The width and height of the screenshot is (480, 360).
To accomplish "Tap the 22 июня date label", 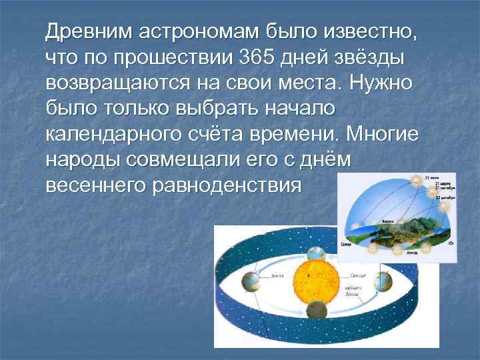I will [441, 179].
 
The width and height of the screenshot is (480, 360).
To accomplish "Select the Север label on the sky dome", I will [347, 244].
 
